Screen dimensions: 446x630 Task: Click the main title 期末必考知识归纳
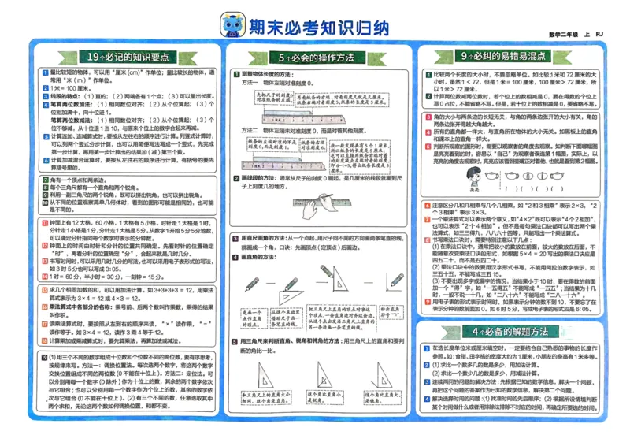(319, 28)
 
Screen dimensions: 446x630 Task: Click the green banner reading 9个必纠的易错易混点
(505, 58)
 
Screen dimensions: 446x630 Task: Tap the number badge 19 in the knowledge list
(43, 358)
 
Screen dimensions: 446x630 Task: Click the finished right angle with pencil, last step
(392, 284)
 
